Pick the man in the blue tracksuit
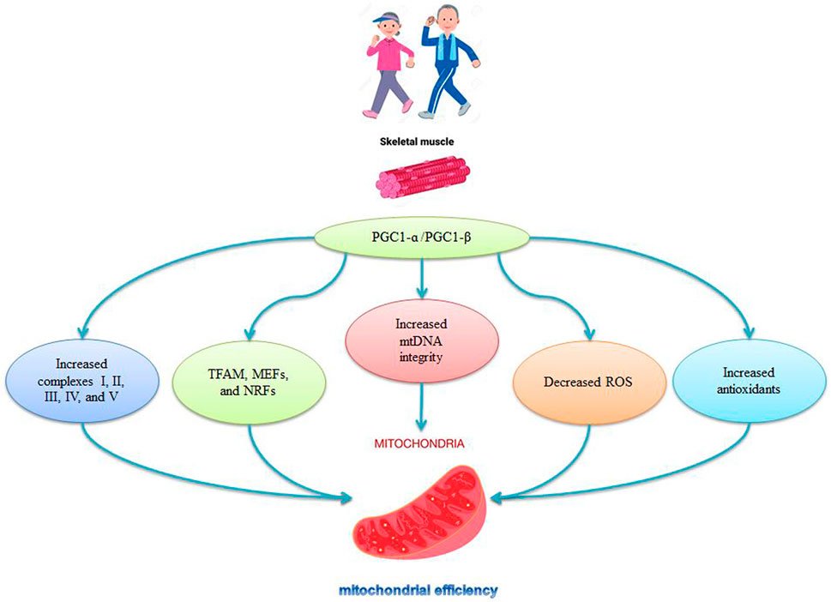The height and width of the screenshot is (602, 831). click(448, 60)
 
